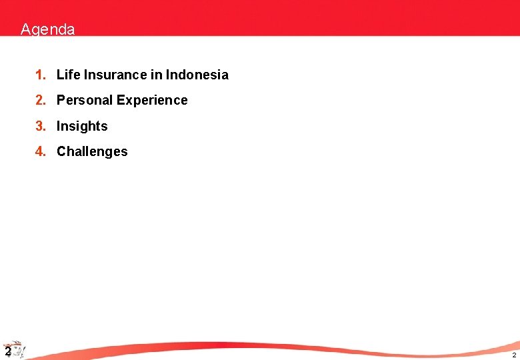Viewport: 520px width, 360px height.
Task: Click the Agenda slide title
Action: click(x=47, y=30)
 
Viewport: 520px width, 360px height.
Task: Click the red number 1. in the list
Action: click(x=41, y=75)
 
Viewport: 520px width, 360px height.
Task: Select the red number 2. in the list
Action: click(x=41, y=100)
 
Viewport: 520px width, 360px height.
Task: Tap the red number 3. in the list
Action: click(x=41, y=126)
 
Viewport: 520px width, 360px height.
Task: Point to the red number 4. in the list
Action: click(x=41, y=151)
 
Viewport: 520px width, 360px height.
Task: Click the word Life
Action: click(x=68, y=75)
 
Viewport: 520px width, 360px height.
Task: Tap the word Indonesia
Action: click(x=197, y=75)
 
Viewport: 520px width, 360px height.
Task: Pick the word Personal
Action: click(x=85, y=101)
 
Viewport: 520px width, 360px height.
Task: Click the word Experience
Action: click(x=152, y=101)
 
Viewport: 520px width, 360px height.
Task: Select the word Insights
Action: click(x=82, y=126)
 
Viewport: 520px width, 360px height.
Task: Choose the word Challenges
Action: click(x=92, y=151)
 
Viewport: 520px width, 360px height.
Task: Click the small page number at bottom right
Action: click(x=514, y=355)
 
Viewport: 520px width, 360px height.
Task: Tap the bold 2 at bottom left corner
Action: click(x=6, y=351)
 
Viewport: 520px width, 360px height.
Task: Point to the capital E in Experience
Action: click(x=121, y=100)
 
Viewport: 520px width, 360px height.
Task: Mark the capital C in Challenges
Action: click(x=61, y=151)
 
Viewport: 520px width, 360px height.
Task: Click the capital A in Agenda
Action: click(x=25, y=30)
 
